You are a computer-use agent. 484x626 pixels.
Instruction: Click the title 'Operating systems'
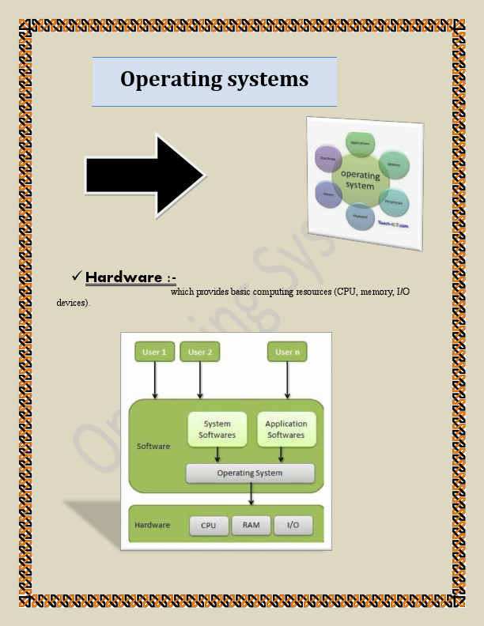[x=214, y=80]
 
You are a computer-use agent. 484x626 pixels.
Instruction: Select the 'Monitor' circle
[x=393, y=165]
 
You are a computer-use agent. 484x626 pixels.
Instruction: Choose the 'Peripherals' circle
[x=393, y=202]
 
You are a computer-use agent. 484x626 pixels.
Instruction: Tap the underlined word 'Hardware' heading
[x=123, y=277]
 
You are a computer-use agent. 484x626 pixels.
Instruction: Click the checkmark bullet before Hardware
[x=77, y=275]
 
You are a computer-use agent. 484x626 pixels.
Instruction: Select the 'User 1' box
[x=154, y=352]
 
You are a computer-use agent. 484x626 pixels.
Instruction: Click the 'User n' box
[x=287, y=352]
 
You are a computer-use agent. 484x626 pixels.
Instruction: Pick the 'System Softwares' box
[x=217, y=429]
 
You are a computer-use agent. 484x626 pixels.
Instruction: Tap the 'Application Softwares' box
[x=285, y=429]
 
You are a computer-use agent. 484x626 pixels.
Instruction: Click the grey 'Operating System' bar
[x=250, y=473]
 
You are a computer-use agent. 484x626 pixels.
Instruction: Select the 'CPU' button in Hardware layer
[x=209, y=526]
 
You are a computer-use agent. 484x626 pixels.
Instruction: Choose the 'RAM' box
[x=251, y=526]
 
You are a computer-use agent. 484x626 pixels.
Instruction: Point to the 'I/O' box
[x=293, y=526]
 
